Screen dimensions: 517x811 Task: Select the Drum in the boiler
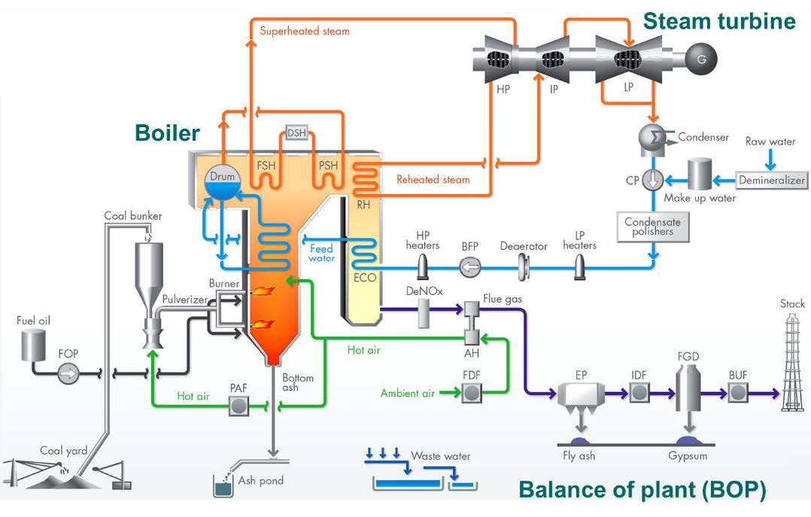[x=223, y=181]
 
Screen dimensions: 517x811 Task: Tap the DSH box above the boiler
[x=297, y=134]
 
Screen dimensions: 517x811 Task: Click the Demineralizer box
[x=772, y=180]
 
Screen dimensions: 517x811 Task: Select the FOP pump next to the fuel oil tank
[x=68, y=372]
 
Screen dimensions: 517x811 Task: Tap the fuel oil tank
[x=32, y=344]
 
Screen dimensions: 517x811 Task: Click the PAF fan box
[x=240, y=406]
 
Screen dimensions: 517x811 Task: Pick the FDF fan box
[x=472, y=392]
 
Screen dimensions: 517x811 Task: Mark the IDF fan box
[x=639, y=392]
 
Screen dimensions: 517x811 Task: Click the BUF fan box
[x=737, y=392]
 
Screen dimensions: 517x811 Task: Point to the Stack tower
[x=791, y=361]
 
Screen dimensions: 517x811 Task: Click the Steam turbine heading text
[x=718, y=20]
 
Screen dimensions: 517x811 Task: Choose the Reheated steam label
[x=433, y=180]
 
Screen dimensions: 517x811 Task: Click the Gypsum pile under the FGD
[x=686, y=440]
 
